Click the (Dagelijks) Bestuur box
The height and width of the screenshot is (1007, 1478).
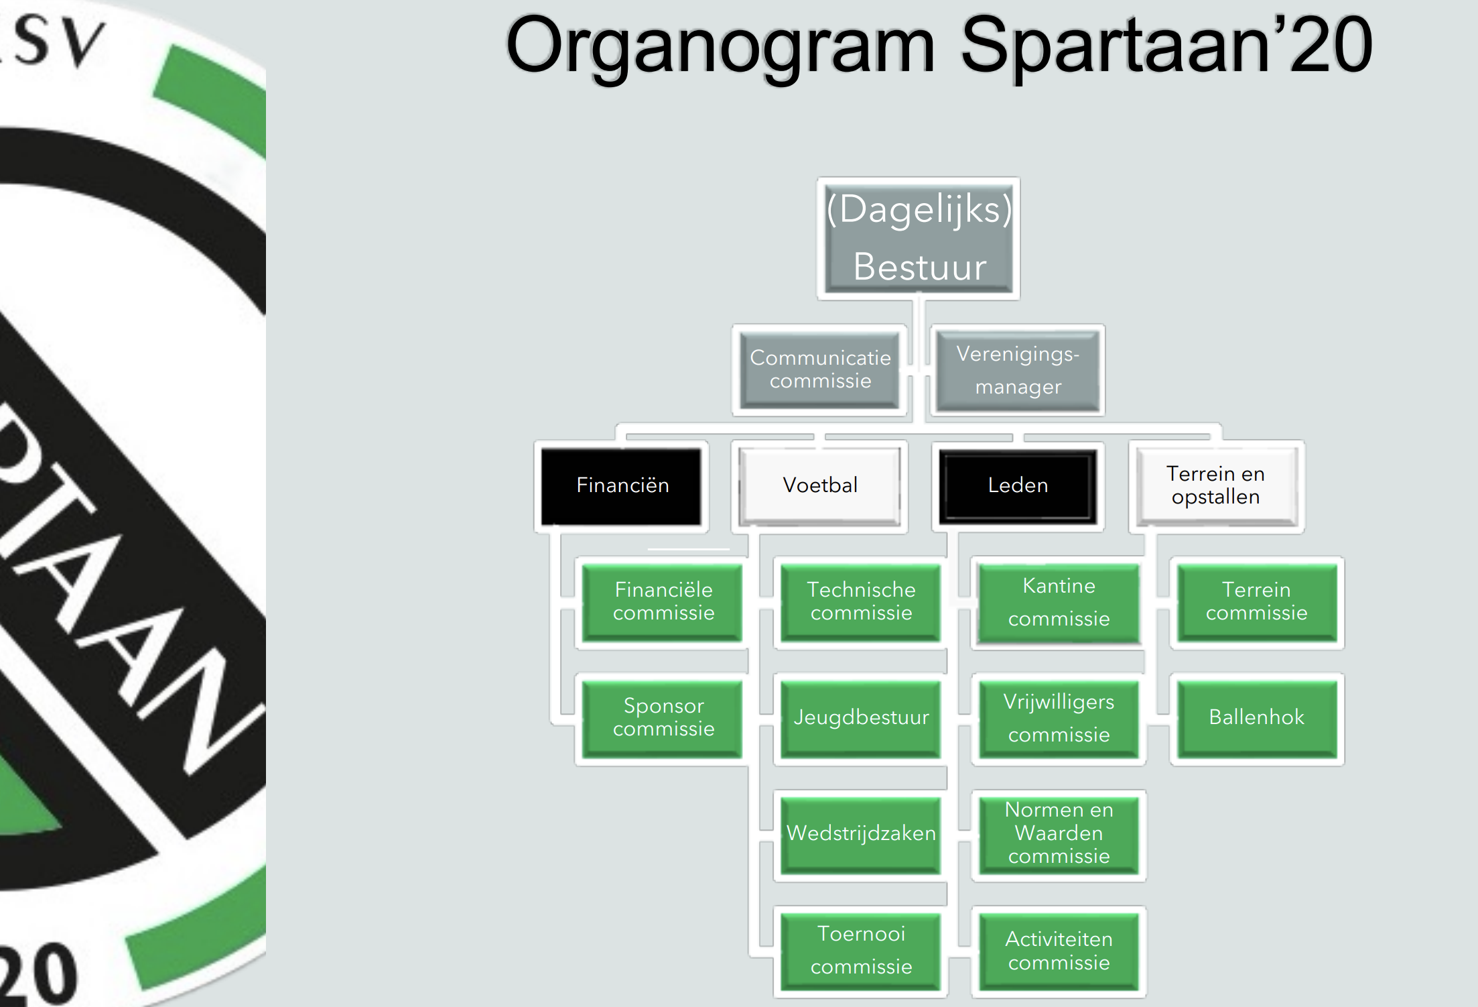click(919, 238)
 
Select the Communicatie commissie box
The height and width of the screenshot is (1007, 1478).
click(820, 369)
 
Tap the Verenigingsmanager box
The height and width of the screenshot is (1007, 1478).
click(1018, 370)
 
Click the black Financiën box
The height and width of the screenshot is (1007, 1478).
click(622, 485)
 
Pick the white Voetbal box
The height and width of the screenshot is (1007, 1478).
click(820, 485)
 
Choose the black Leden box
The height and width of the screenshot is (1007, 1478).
click(1018, 485)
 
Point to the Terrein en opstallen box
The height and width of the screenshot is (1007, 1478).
click(1215, 485)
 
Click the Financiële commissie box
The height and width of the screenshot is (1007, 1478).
click(663, 601)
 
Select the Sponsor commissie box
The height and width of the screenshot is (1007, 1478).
click(663, 717)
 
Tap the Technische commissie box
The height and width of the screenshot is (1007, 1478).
click(861, 601)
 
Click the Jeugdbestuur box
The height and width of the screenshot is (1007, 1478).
click(861, 717)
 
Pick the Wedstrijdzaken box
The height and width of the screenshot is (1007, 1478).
click(861, 833)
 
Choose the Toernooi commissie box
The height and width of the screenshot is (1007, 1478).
click(861, 950)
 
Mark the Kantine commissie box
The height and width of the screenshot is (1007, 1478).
click(1059, 602)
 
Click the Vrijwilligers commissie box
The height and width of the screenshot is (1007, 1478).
click(1059, 718)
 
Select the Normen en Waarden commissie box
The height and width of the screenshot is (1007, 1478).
click(1059, 833)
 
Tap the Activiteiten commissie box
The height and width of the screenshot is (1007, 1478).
click(1059, 951)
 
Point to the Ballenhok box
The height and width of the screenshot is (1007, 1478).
click(1256, 717)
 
